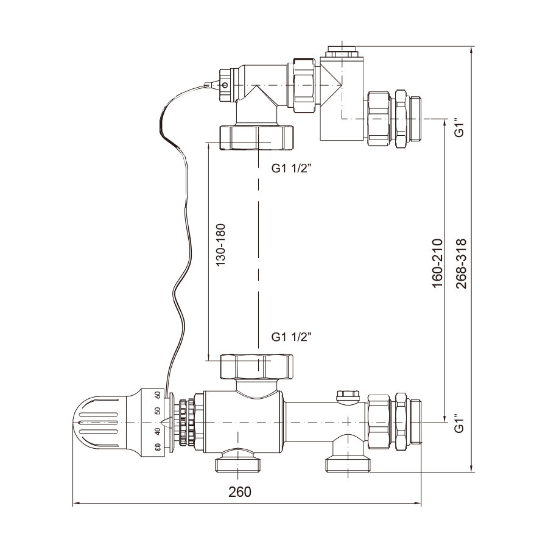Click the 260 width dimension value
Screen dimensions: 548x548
click(x=240, y=492)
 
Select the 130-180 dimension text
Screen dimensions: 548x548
click(x=221, y=245)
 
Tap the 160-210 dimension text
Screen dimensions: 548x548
click(x=438, y=264)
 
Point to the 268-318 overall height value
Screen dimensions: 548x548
click(x=462, y=264)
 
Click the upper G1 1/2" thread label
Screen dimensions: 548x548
click(x=292, y=169)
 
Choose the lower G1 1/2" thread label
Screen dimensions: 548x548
click(x=292, y=337)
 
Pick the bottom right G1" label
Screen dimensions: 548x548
click(x=459, y=424)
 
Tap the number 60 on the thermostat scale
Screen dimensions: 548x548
click(x=157, y=395)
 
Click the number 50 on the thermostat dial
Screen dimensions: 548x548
click(x=157, y=410)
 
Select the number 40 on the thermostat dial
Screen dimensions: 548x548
click(x=157, y=432)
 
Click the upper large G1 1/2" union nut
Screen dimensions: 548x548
click(x=257, y=138)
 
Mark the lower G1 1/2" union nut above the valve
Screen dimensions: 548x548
click(x=256, y=367)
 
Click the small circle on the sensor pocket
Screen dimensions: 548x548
click(x=225, y=85)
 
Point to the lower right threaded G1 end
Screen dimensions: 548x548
click(x=415, y=423)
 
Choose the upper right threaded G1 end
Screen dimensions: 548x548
click(x=415, y=119)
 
